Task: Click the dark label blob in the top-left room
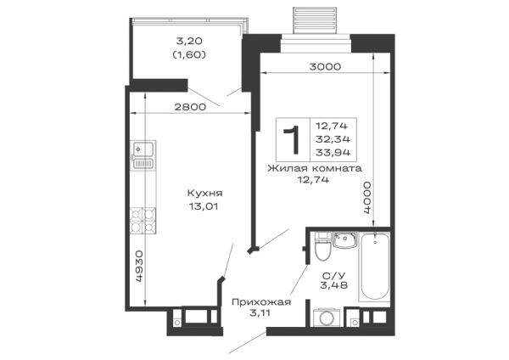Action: coord(189,48)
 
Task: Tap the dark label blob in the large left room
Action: coord(203,199)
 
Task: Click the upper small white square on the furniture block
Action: coord(348,131)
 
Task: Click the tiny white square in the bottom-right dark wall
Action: coord(322,248)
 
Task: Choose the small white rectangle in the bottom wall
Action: coord(196,316)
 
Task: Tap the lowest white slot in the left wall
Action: coord(139,290)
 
